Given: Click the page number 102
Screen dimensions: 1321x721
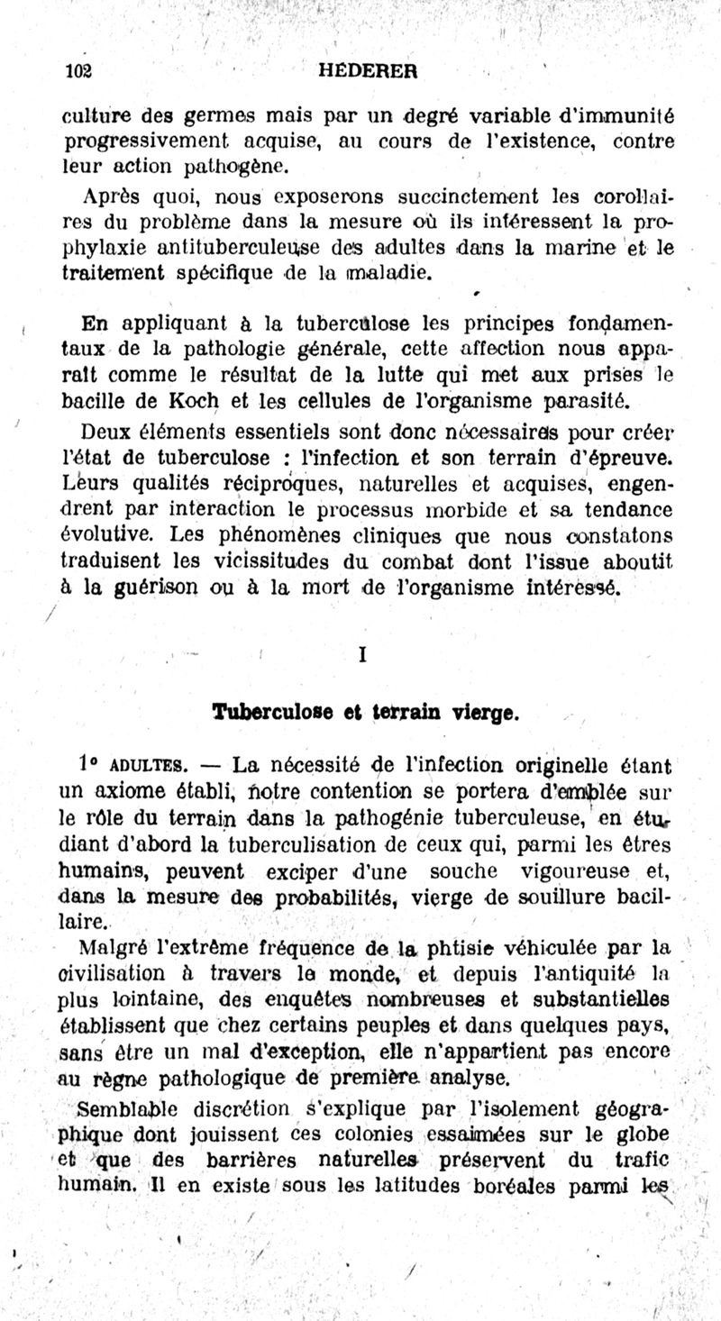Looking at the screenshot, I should coord(80,73).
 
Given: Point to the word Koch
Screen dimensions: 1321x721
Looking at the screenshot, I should coord(187,397).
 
